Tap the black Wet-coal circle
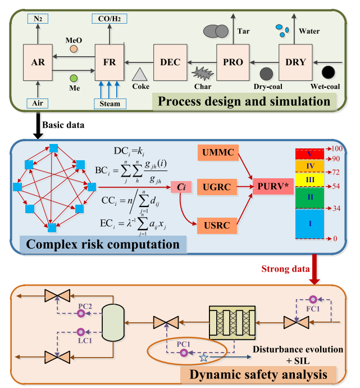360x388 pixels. pos(329,73)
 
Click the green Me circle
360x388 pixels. pos(74,78)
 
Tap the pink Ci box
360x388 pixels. pos(183,185)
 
